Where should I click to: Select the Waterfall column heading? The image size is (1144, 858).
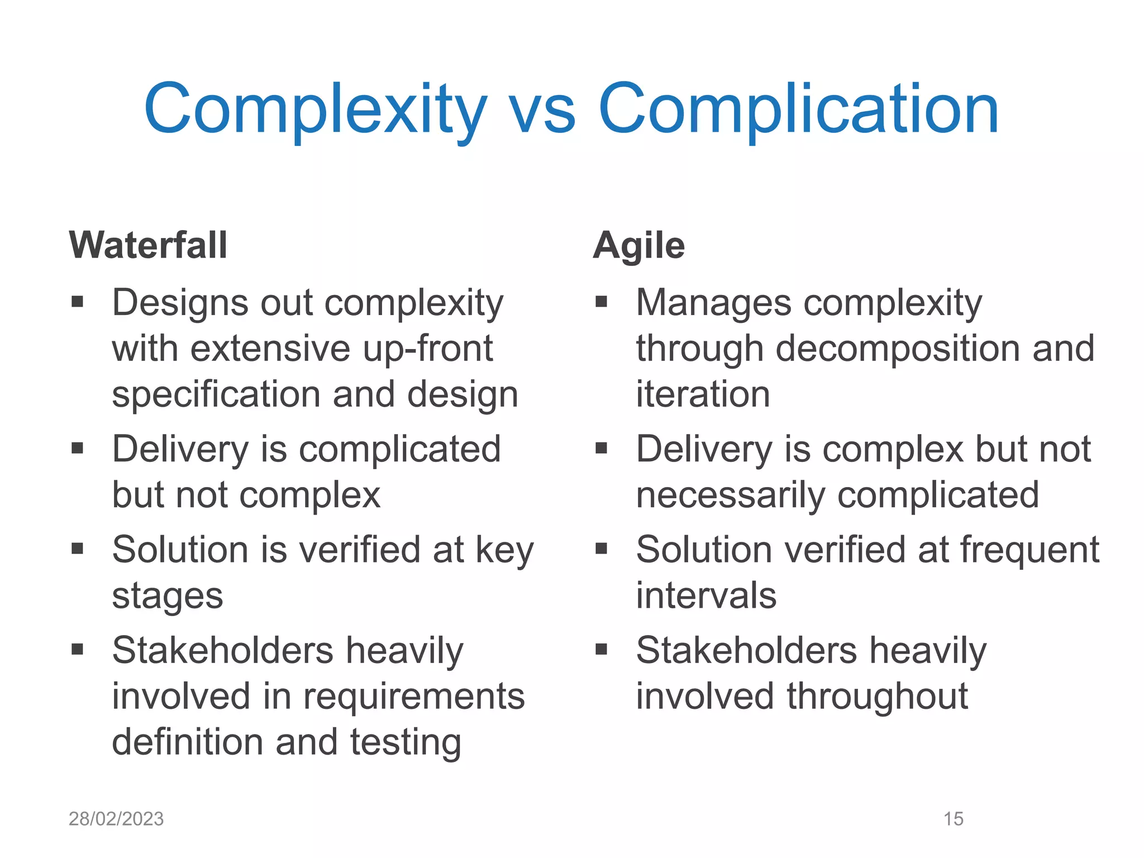coord(149,245)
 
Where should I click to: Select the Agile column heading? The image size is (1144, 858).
coord(638,246)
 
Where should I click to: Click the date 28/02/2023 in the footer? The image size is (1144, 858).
coord(116,819)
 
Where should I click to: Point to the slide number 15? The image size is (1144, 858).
coord(953,819)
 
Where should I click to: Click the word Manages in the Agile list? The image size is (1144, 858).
coord(713,303)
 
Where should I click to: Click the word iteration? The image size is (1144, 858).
coord(703,394)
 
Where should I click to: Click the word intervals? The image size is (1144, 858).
coord(706,595)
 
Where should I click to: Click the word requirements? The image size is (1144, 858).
coord(414,698)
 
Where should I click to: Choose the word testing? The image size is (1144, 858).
coord(406,743)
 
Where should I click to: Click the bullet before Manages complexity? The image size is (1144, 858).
coord(601,302)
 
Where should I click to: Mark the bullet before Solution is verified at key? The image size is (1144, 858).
coord(77,549)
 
